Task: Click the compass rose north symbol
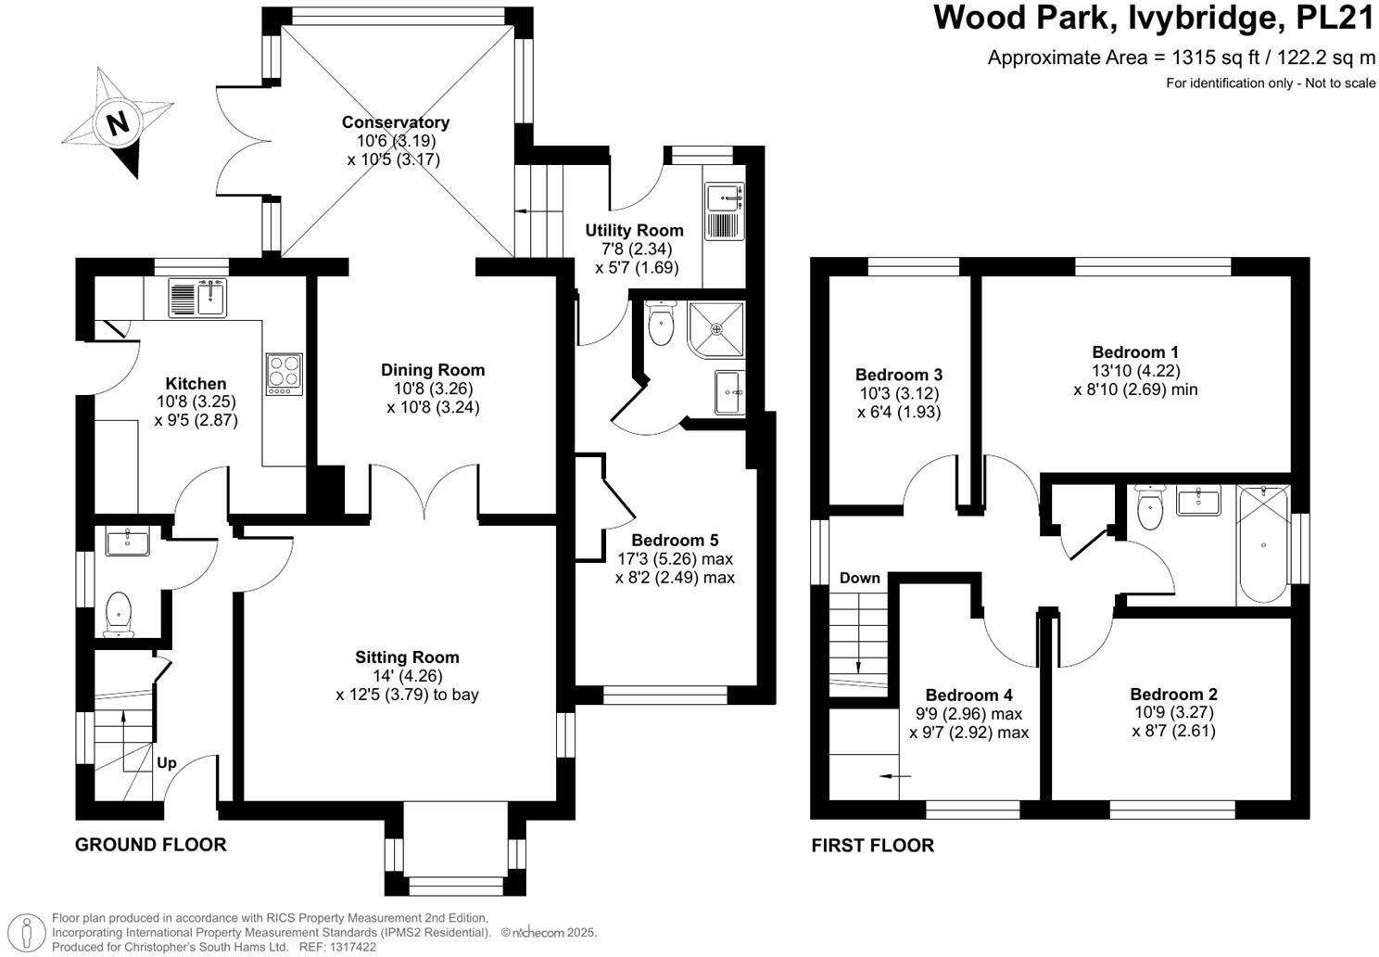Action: (118, 122)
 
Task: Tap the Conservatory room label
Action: (395, 122)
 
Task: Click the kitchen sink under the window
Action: (197, 299)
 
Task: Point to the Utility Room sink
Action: (724, 198)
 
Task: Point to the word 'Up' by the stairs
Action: (167, 763)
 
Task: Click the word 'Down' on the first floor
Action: (859, 578)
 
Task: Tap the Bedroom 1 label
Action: (1135, 352)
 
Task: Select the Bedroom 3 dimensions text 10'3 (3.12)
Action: (899, 393)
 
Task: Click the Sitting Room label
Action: (407, 657)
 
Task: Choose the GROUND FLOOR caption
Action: (150, 845)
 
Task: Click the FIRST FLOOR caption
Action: (872, 845)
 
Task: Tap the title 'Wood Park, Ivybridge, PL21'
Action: (1154, 19)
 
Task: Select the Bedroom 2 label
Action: (1173, 695)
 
